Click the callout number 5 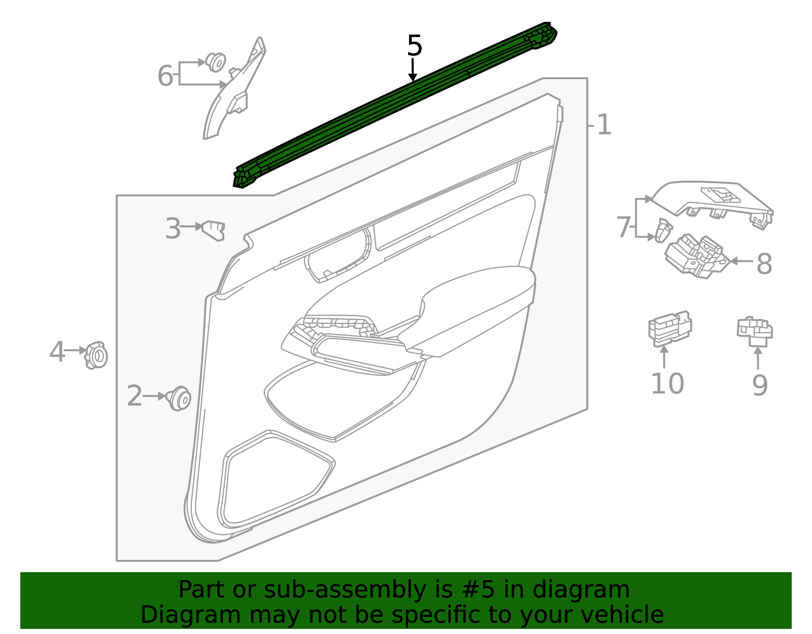point(415,46)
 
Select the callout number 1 point(604,125)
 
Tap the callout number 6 point(165,76)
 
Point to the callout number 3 point(173,228)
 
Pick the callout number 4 point(57,352)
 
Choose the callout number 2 point(134,396)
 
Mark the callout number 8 point(764,264)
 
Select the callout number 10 point(667,383)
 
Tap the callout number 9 point(760,385)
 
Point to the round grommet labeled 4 point(96,355)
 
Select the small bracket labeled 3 point(214,230)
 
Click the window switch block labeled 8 point(696,256)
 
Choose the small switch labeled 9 point(755,331)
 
